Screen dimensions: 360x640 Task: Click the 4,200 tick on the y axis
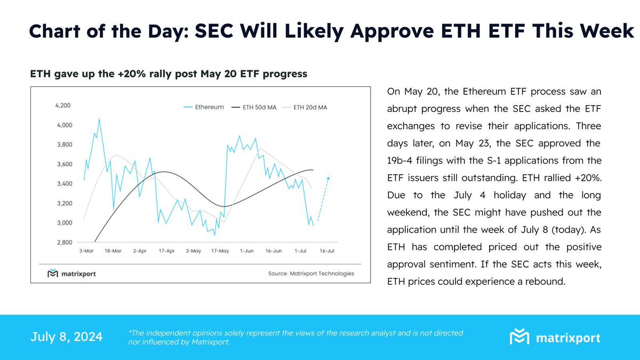pyautogui.click(x=62, y=106)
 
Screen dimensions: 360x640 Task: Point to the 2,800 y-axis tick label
pyautogui.click(x=62, y=243)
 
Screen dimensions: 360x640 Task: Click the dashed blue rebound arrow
pyautogui.click(x=323, y=198)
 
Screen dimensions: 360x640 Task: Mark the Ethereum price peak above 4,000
pyautogui.click(x=99, y=119)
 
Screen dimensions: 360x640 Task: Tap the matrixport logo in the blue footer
pyautogui.click(x=555, y=338)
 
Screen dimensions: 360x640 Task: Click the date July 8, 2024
pyautogui.click(x=67, y=337)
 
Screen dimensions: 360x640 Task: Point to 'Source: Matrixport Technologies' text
pyautogui.click(x=310, y=274)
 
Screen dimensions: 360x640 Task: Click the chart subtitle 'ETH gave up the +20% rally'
pyautogui.click(x=168, y=74)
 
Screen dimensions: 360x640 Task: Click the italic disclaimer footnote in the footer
pyautogui.click(x=296, y=337)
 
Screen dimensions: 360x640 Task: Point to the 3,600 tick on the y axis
pyautogui.click(x=62, y=164)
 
